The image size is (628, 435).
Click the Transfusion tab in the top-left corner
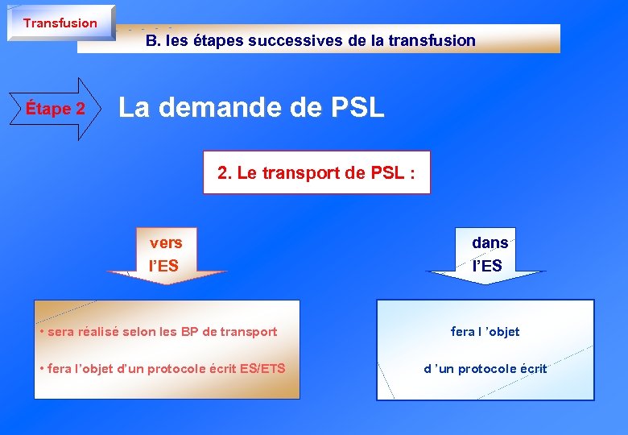[60, 23]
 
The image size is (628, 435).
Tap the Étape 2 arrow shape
[56, 109]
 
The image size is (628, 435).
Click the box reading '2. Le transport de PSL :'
[316, 172]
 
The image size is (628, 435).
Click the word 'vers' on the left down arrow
[166, 242]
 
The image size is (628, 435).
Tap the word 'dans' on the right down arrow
[490, 242]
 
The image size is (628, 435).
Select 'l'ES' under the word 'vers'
[163, 265]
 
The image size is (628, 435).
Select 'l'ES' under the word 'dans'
[487, 265]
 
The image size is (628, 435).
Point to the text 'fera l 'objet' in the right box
[485, 331]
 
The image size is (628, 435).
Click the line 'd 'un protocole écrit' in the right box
[485, 369]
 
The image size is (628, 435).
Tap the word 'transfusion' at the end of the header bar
[436, 40]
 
